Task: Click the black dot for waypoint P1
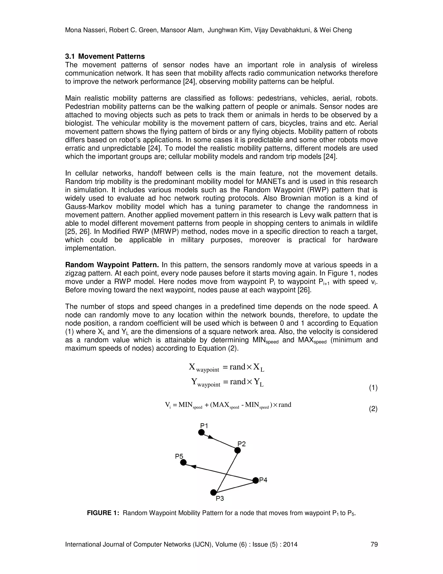tap(201, 432)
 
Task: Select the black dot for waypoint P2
tap(237, 451)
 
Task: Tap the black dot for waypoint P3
tap(213, 492)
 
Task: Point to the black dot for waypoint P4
tap(255, 480)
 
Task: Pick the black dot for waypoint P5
tap(183, 462)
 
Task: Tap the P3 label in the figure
tap(220, 499)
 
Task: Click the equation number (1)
tap(373, 388)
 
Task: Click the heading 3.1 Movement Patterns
tap(105, 57)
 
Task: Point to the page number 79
tap(374, 544)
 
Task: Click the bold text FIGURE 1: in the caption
tap(103, 513)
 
